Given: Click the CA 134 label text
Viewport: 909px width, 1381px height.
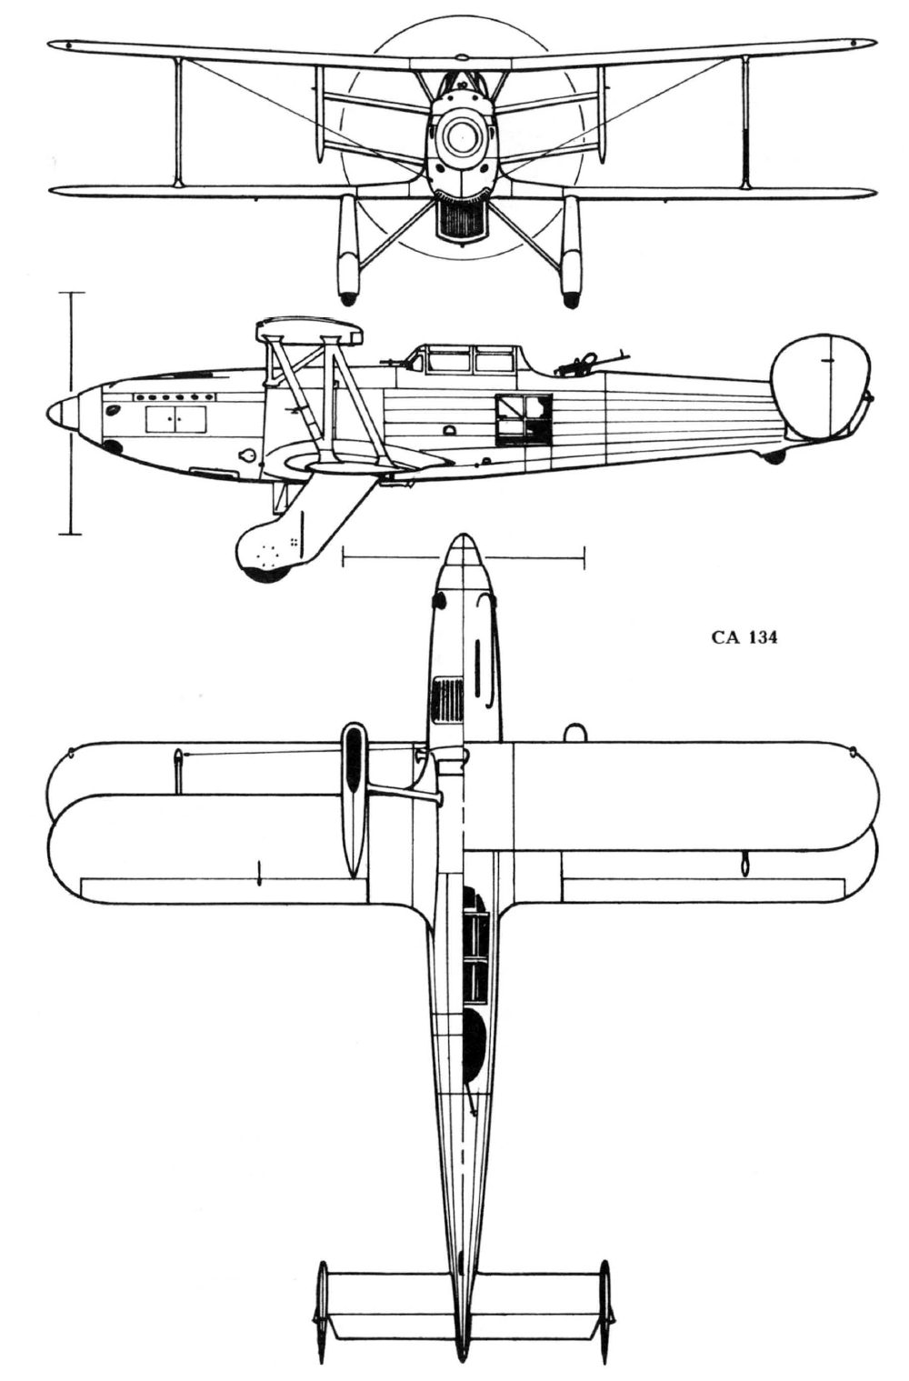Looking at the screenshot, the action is (x=744, y=637).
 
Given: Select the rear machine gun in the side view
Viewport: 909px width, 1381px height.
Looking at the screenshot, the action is (x=583, y=363).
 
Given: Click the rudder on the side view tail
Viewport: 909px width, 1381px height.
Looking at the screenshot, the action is (x=823, y=385).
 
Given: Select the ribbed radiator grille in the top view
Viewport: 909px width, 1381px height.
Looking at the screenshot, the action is (x=447, y=699).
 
